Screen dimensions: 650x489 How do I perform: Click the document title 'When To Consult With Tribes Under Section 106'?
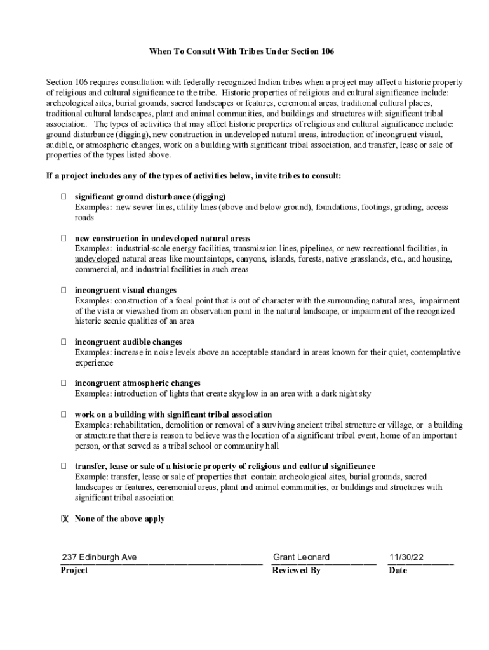pos(241,51)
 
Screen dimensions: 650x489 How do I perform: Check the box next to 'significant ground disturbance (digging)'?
pos(64,197)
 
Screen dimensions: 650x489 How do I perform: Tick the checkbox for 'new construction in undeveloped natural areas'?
pos(64,239)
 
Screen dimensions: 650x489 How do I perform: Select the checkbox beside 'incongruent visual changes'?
pos(64,290)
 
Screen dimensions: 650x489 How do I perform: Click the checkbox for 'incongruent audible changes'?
pos(64,342)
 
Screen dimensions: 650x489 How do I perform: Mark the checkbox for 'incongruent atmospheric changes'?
pos(64,383)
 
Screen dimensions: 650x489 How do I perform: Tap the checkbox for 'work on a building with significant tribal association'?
pos(64,415)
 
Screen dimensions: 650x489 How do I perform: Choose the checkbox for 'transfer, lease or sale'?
pos(64,467)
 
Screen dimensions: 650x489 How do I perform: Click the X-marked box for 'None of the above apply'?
pos(64,519)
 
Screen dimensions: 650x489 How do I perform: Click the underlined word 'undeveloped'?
pos(97,259)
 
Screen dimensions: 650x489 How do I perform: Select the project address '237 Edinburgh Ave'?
pos(98,557)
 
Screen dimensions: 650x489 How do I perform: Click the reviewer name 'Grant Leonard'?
pos(301,557)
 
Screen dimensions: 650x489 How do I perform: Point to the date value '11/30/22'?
pos(406,557)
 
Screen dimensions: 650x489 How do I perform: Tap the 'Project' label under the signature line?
pos(74,570)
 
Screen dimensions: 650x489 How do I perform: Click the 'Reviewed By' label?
pos(296,570)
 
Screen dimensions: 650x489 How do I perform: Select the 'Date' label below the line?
pos(398,570)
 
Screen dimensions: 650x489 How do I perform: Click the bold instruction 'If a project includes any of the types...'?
pos(193,176)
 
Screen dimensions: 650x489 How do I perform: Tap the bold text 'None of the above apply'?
pos(119,519)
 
